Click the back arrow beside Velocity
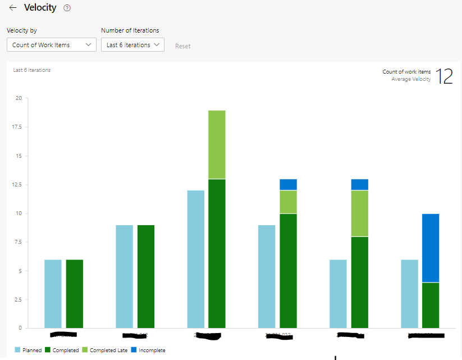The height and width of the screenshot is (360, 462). click(x=13, y=8)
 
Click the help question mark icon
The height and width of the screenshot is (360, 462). click(x=67, y=8)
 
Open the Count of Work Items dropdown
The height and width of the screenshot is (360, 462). click(x=52, y=45)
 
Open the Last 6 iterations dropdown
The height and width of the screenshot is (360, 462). click(x=132, y=45)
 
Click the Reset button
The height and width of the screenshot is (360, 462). click(x=183, y=46)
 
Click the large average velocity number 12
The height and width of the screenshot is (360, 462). click(x=444, y=76)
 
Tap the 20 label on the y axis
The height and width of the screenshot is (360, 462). click(x=19, y=98)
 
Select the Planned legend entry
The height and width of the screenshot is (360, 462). click(x=28, y=350)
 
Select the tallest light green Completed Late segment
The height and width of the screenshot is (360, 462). click(x=217, y=144)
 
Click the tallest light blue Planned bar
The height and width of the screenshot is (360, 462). click(x=195, y=259)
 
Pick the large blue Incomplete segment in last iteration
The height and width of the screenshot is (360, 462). click(x=431, y=248)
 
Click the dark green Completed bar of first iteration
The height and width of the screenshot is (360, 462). click(x=75, y=293)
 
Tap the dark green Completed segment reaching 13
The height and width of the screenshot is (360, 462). click(x=217, y=253)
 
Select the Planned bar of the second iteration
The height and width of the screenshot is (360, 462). click(x=124, y=276)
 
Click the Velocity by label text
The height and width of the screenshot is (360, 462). click(x=22, y=30)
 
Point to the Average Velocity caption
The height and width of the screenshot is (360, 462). click(x=411, y=79)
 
